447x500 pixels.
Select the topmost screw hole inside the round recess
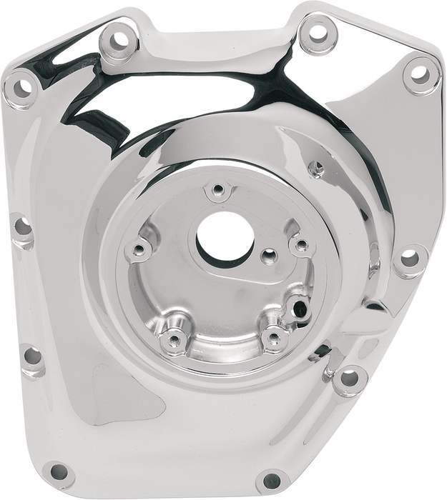click(215, 190)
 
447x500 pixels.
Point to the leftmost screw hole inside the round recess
click(143, 248)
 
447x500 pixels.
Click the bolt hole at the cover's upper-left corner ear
click(23, 88)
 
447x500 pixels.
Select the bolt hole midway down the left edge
click(21, 229)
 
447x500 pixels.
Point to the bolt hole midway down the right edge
click(408, 257)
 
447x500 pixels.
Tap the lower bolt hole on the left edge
click(30, 354)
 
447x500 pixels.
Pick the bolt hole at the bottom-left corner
click(59, 471)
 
